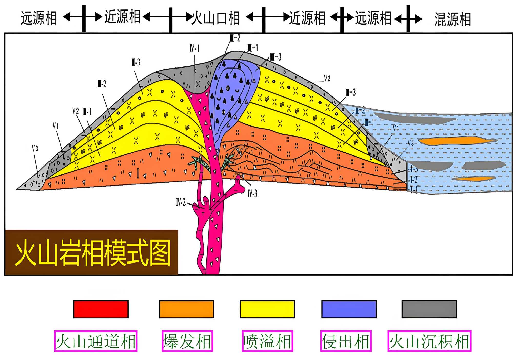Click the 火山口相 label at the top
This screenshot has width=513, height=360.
point(216,18)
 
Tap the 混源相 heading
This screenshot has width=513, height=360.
point(453,19)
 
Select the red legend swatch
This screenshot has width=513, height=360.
point(101,309)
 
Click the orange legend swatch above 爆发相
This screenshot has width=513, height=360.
point(186,309)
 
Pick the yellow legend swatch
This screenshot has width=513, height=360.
point(267,309)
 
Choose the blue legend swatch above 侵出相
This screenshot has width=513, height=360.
point(349,309)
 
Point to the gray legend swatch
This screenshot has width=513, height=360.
point(429,309)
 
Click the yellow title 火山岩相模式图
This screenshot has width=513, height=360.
point(93,253)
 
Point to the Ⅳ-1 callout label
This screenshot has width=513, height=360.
point(194,48)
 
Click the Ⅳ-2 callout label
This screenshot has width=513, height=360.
point(181,202)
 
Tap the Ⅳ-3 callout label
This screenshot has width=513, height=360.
point(252,193)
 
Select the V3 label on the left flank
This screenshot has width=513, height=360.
point(35,148)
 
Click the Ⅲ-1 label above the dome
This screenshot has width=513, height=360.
point(253,47)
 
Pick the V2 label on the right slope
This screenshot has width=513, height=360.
point(327,78)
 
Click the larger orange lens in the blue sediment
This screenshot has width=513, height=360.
point(457,141)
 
